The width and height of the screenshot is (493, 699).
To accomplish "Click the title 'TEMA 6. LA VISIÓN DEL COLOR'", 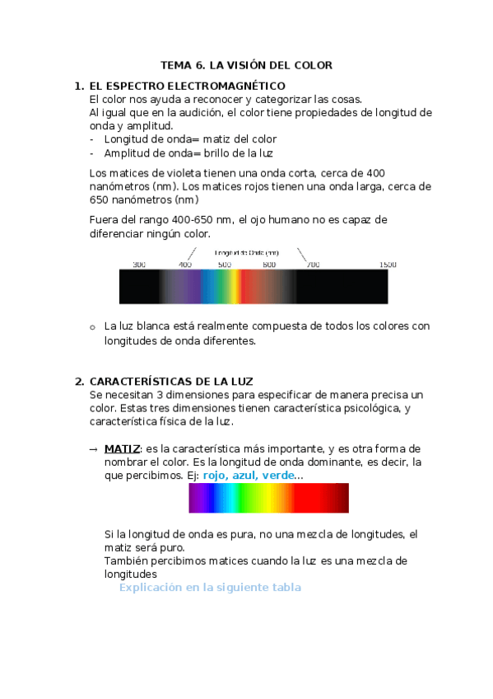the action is (x=246, y=65).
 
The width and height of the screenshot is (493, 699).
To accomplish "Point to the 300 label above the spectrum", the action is (x=139, y=265).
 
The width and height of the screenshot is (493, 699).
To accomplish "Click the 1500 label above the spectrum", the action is (x=388, y=265).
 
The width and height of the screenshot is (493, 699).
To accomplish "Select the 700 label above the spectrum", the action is (x=312, y=265).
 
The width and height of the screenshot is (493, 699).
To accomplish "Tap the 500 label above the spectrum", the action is (x=224, y=265).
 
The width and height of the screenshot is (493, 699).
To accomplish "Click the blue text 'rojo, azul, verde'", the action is (x=248, y=476).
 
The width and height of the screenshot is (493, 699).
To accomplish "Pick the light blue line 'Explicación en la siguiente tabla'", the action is (x=210, y=588).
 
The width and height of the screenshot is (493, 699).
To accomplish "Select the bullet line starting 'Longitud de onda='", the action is (x=190, y=139).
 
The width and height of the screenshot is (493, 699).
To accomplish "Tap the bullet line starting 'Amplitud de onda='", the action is (x=188, y=153).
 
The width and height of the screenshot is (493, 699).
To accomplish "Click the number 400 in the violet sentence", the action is (x=375, y=173).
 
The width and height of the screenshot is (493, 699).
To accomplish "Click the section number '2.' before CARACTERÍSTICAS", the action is (x=79, y=381).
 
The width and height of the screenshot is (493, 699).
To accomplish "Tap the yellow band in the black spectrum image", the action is (x=233, y=287).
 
